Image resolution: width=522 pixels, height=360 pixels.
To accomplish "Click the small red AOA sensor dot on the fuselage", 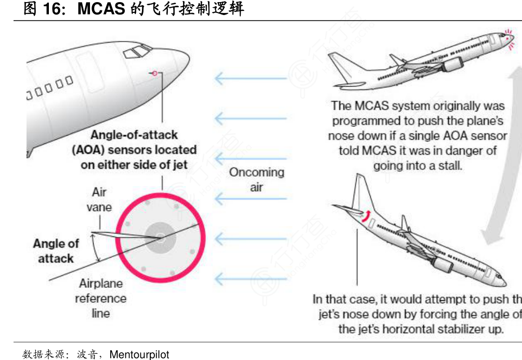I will coord(154,73).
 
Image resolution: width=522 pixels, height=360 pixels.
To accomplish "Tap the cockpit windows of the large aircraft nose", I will coord(137,51).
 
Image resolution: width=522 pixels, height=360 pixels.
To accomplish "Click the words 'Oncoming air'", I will coord(257,179).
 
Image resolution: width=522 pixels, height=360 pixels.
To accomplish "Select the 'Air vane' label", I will coord(99,199).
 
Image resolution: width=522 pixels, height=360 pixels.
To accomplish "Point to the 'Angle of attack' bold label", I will coord(56,250).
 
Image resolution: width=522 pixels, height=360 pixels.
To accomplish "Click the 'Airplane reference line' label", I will coord(101,298).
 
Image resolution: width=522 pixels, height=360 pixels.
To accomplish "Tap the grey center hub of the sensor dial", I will coord(160,237).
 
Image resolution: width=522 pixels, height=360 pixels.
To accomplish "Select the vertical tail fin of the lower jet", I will coord(360,195).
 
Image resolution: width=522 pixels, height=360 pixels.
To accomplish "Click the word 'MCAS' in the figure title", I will coord(101,9).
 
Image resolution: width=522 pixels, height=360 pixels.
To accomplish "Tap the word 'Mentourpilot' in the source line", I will coord(140,354).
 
